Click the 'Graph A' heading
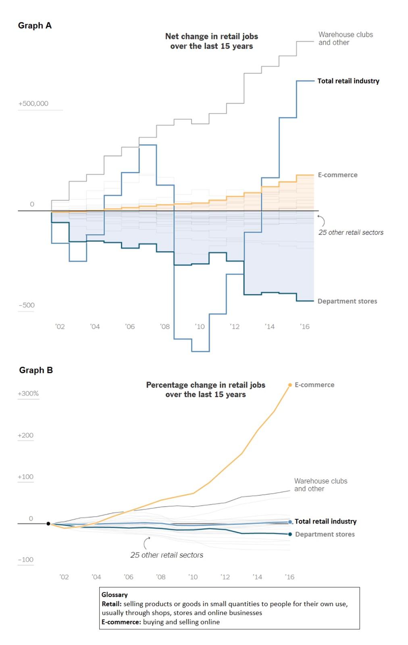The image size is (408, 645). [35, 25]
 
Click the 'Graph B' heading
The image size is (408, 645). [36, 370]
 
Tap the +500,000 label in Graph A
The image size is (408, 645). [33, 104]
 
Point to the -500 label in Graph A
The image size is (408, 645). [27, 305]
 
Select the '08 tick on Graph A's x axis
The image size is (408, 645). [165, 327]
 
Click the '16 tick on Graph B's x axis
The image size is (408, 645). [289, 577]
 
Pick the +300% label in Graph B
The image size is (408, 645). [28, 393]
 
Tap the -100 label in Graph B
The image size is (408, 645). [26, 560]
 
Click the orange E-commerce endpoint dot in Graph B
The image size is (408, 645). [290, 385]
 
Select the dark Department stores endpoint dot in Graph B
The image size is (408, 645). [290, 534]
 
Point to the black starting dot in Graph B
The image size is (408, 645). [48, 524]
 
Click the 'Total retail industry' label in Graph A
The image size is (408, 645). [348, 81]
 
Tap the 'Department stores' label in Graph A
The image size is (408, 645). [347, 301]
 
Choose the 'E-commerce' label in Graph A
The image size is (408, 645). [337, 175]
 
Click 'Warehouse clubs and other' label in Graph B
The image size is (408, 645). [320, 485]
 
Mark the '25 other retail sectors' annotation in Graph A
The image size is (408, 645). [351, 233]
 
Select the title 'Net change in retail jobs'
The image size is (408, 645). [211, 36]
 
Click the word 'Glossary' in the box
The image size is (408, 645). [114, 595]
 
